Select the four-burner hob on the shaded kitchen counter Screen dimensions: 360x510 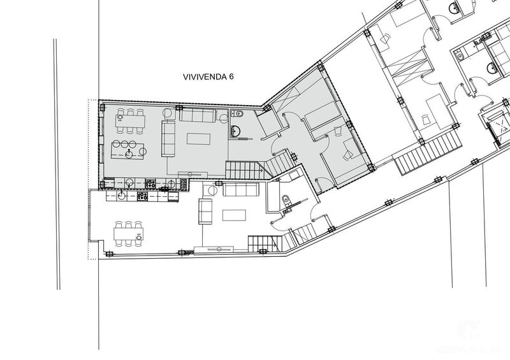pyautogui.click(x=152, y=184)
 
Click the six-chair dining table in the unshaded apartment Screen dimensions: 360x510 pyautogui.click(x=127, y=234)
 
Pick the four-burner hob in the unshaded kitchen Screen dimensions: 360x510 pyautogui.click(x=142, y=196)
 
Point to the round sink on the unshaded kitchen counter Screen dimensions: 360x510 pyautogui.click(x=119, y=196)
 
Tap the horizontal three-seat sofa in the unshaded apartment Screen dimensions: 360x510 pyautogui.click(x=239, y=190)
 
